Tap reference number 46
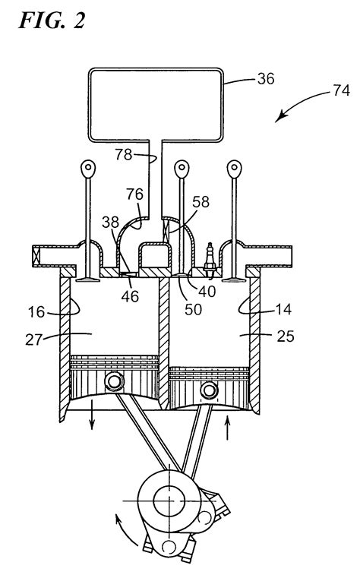tap(130, 295)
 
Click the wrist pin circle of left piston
tap(115, 381)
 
